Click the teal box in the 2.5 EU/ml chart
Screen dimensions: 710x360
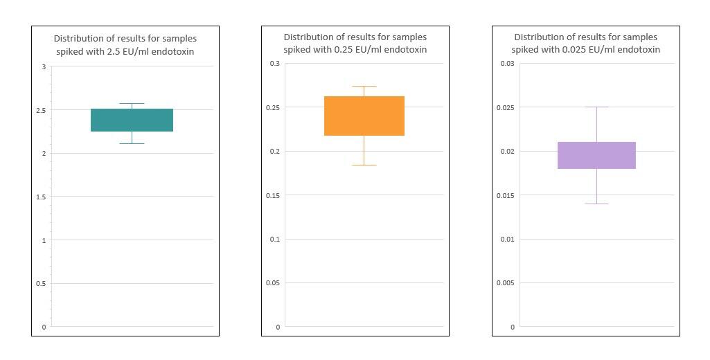132,120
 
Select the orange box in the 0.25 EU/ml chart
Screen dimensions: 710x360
364,116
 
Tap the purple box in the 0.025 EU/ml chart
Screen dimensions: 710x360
597,155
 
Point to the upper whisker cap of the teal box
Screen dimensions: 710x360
132,104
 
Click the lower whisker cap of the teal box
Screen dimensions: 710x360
132,143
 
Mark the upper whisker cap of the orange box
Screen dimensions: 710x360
364,86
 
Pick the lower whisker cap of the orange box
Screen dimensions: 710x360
364,165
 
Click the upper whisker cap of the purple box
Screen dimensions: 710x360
597,107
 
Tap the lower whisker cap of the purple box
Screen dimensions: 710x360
597,204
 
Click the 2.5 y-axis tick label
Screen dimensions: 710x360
41,110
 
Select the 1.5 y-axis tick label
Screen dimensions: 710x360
41,197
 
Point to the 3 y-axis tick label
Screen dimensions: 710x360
44,66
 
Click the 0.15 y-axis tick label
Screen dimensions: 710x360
273,195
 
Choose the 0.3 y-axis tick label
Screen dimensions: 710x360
275,64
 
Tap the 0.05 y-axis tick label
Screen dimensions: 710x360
273,283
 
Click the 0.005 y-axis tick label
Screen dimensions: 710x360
506,283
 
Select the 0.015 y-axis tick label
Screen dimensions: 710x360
506,195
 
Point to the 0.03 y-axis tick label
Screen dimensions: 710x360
507,64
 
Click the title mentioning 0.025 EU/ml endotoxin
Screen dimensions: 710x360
586,43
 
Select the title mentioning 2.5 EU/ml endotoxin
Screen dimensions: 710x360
125,45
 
